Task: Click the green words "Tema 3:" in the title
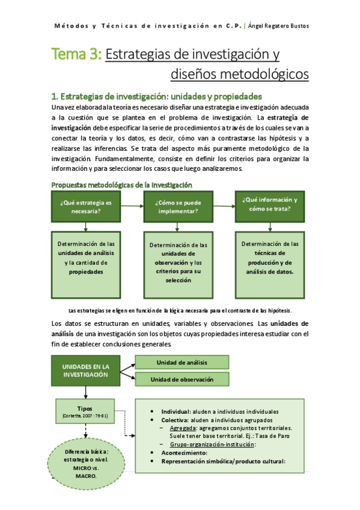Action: [76, 55]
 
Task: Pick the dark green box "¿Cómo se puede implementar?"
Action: [177, 207]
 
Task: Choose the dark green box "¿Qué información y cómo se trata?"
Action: [270, 204]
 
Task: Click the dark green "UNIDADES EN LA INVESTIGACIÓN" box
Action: [86, 370]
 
